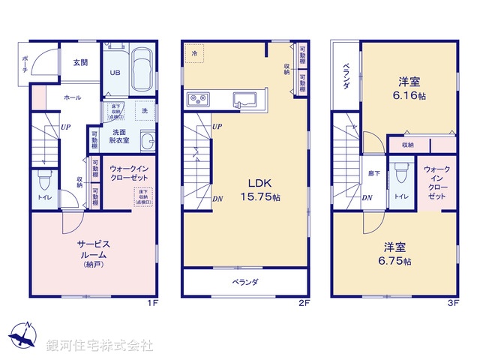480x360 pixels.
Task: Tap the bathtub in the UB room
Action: click(x=142, y=71)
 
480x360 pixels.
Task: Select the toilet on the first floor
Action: click(x=44, y=182)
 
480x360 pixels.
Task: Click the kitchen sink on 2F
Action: click(x=244, y=99)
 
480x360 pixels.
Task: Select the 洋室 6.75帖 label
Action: click(x=395, y=254)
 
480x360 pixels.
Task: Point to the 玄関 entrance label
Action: click(x=79, y=63)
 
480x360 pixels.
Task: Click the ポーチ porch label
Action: click(x=25, y=64)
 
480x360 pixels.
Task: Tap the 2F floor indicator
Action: click(x=304, y=303)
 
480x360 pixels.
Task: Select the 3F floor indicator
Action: click(x=452, y=303)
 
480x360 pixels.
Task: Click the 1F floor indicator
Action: click(x=153, y=303)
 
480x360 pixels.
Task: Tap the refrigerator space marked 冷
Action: click(x=195, y=54)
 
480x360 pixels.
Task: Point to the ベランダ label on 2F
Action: click(x=244, y=282)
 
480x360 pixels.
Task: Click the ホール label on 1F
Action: click(x=73, y=97)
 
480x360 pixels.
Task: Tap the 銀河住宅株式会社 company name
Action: click(x=100, y=346)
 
